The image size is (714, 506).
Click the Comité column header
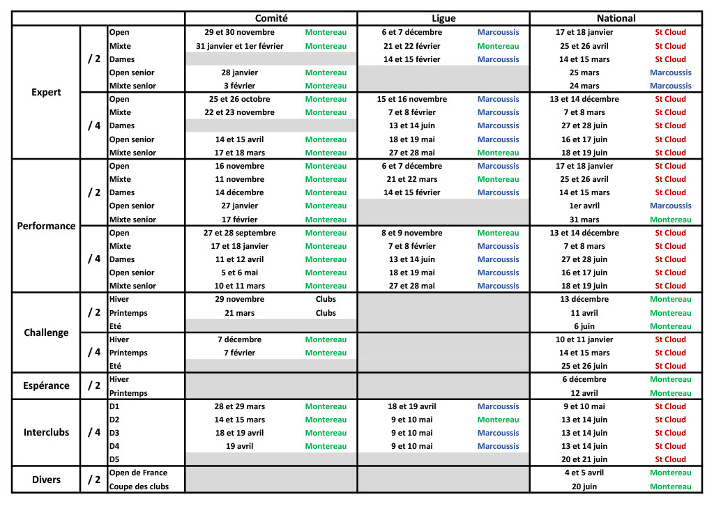click(x=271, y=19)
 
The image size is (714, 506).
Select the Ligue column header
click(x=443, y=19)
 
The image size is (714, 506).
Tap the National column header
click(x=616, y=19)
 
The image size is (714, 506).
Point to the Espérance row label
click(x=46, y=385)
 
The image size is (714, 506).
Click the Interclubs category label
click(x=46, y=432)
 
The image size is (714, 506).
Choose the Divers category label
click(x=46, y=480)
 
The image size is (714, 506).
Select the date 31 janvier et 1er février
click(x=239, y=46)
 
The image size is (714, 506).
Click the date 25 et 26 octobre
click(x=239, y=99)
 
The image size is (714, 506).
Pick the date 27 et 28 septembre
click(x=239, y=233)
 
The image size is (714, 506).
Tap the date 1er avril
click(x=584, y=206)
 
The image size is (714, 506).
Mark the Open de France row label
click(x=138, y=473)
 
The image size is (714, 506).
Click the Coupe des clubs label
click(x=139, y=486)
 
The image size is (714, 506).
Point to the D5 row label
click(x=114, y=459)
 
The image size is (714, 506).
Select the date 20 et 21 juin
click(x=584, y=459)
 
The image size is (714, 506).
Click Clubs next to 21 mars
click(x=326, y=313)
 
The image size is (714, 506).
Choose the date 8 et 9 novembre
click(x=411, y=233)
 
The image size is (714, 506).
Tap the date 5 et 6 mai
click(x=239, y=273)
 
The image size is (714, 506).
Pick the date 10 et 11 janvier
click(x=584, y=339)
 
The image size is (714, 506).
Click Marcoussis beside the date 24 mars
click(x=670, y=86)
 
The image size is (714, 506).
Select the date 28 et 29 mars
click(x=239, y=406)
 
